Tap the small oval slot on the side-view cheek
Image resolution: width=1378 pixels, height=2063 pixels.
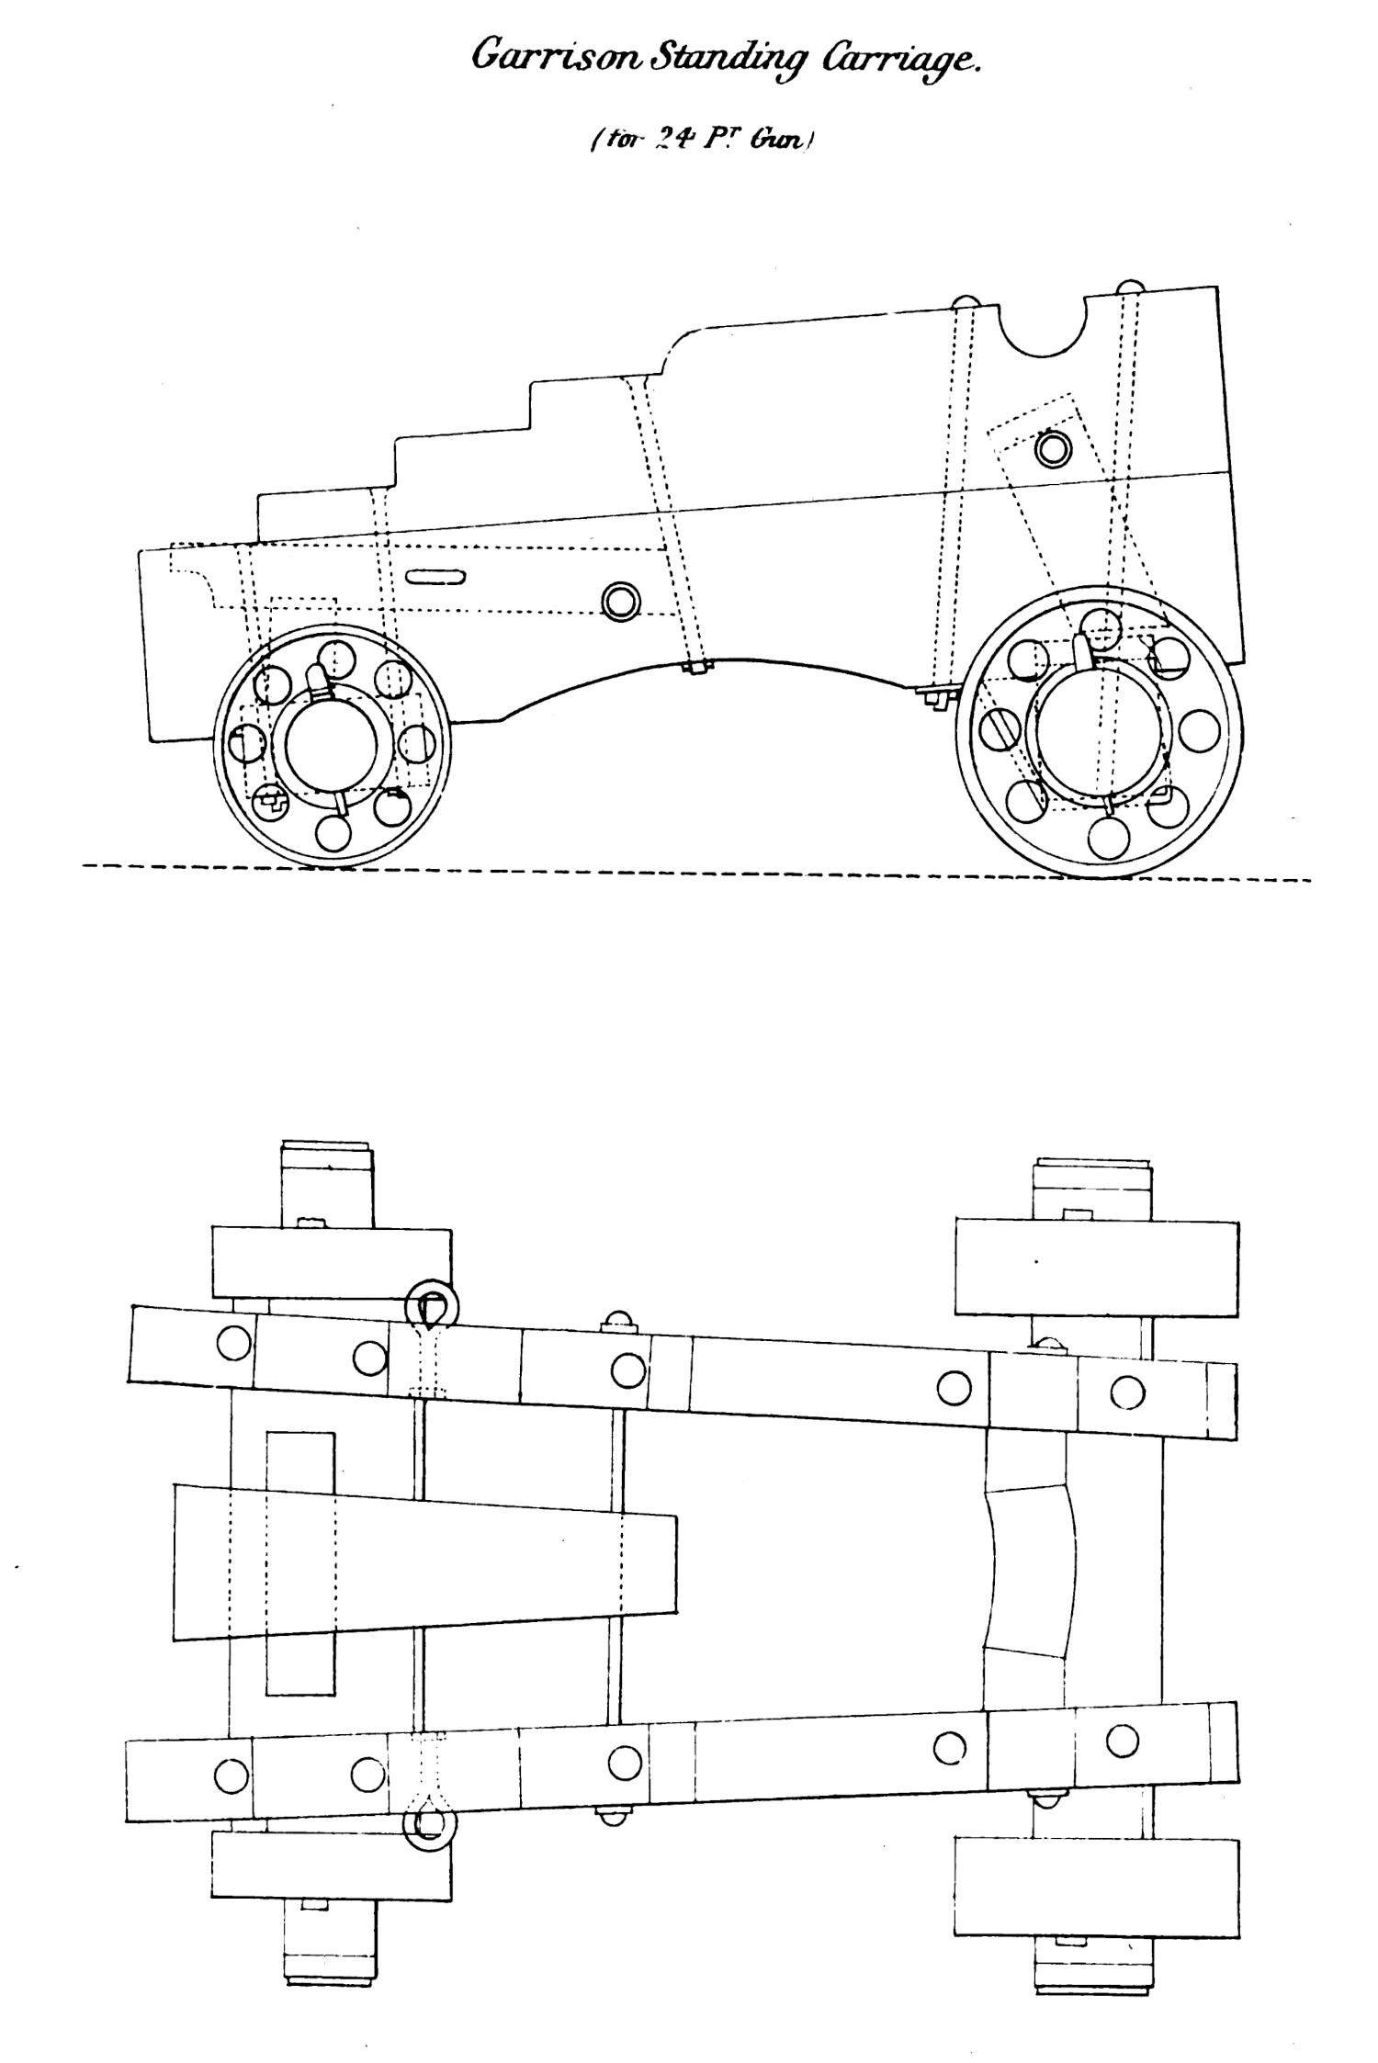coord(435,577)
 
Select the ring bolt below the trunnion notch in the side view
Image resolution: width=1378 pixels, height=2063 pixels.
coord(1053,448)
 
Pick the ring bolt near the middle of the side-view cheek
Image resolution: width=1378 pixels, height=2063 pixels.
coord(621,601)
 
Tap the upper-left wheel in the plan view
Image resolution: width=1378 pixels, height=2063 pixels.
coord(332,1261)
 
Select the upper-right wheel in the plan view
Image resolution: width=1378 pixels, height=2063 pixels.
coord(1097,1267)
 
